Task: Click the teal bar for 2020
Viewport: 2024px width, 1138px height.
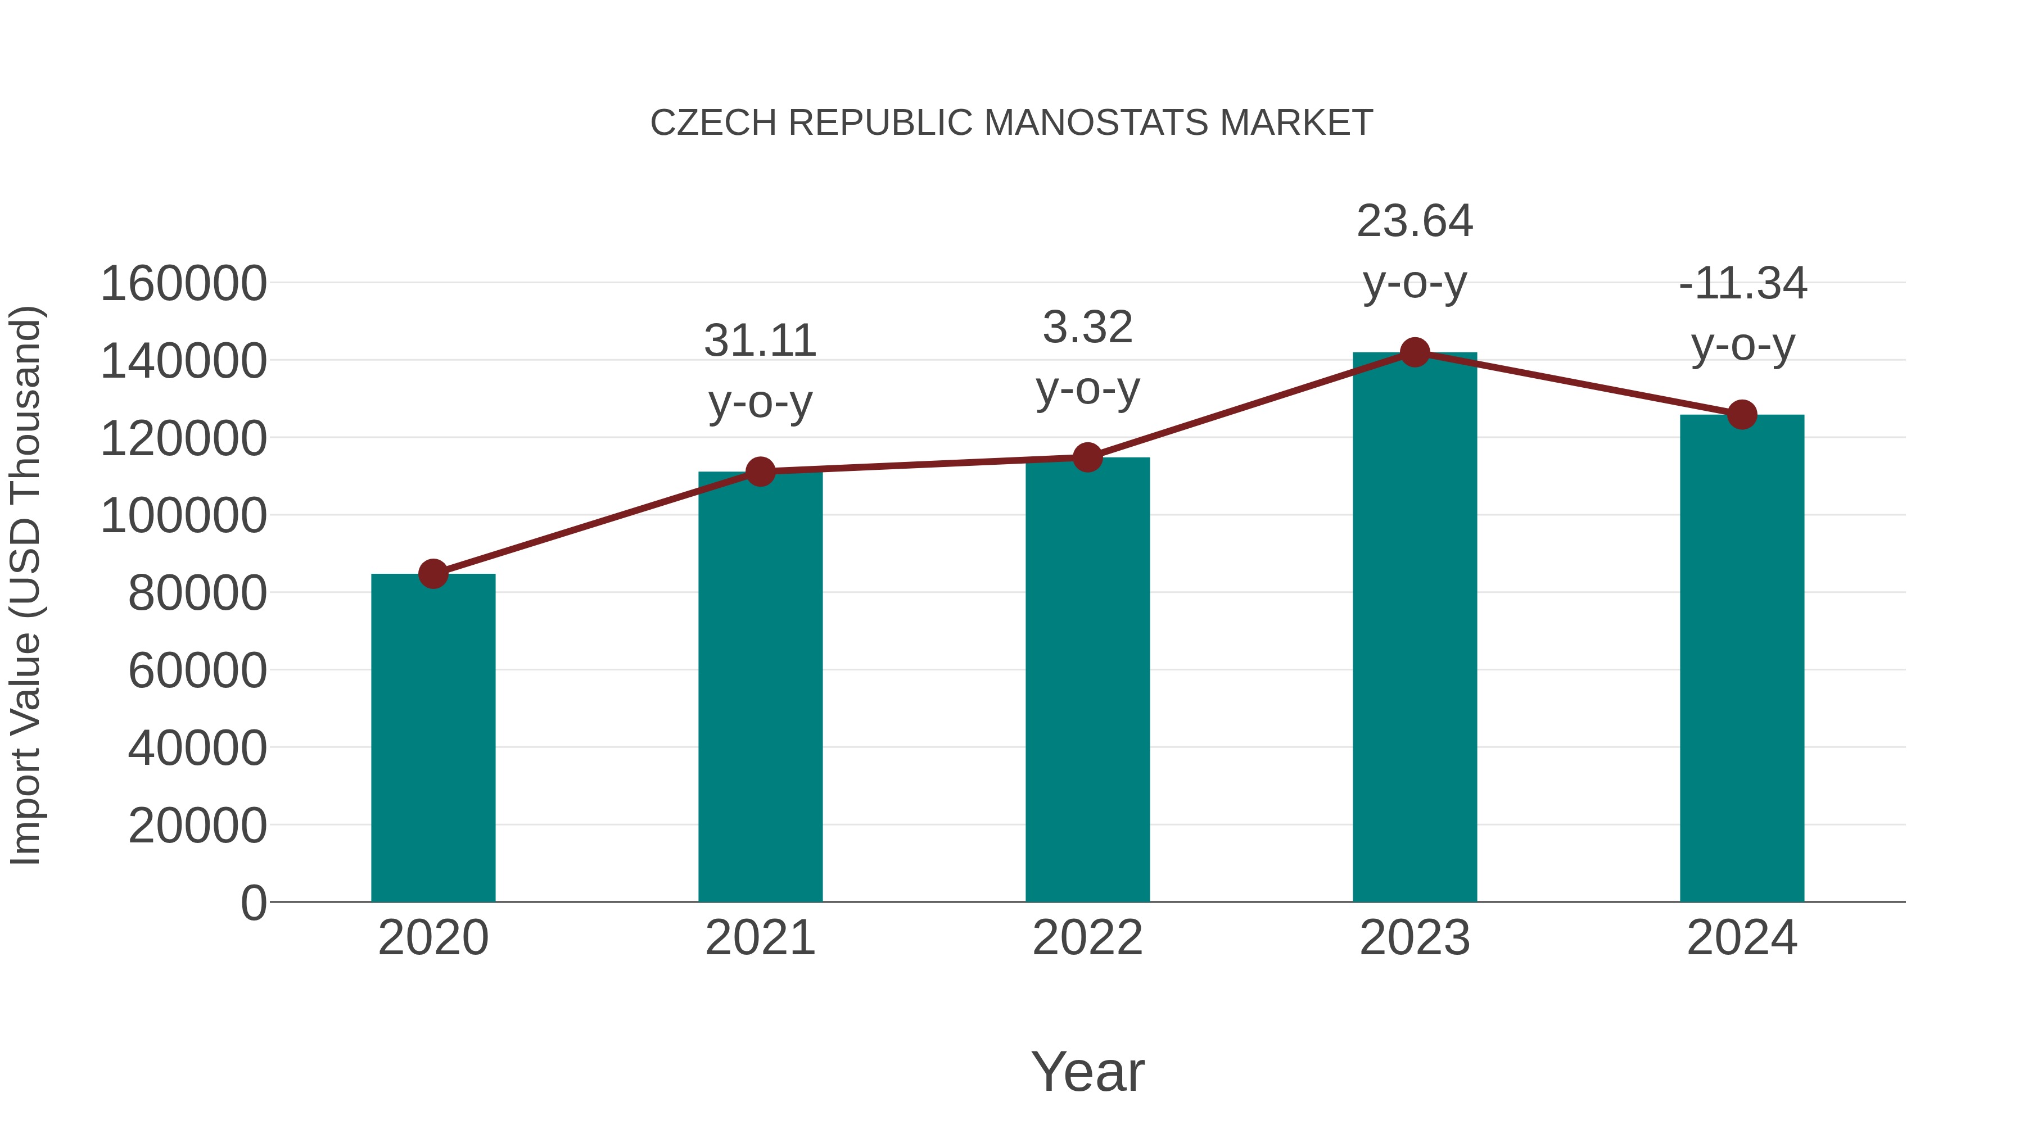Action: (x=433, y=738)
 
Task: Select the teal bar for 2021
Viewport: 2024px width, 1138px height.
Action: (x=760, y=687)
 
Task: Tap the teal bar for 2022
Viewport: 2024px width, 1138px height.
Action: (x=1087, y=680)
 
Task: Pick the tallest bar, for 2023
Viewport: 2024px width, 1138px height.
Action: (x=1415, y=628)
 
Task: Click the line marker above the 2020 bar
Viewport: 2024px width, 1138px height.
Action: (x=433, y=574)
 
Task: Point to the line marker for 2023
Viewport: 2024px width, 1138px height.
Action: (x=1415, y=352)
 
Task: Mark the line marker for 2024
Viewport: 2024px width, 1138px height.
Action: (x=1742, y=415)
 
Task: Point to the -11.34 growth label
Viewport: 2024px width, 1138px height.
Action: (x=1742, y=314)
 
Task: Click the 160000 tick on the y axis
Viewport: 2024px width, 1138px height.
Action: (x=183, y=284)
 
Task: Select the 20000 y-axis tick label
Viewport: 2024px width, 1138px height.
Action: (x=197, y=826)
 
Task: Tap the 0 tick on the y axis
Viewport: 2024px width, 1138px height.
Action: (x=253, y=903)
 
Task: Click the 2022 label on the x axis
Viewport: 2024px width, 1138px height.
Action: (x=1087, y=938)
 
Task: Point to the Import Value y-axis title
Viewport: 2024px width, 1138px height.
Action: (x=25, y=585)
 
